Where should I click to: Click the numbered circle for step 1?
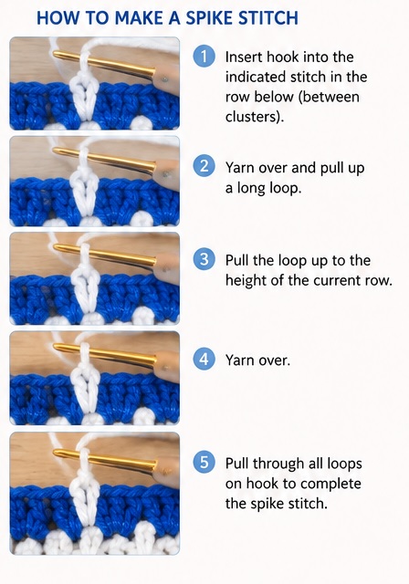[x=204, y=57]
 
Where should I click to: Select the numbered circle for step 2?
[x=204, y=166]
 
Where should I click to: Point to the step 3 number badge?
[x=204, y=259]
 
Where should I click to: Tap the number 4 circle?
[x=204, y=359]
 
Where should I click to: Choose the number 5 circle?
[x=204, y=463]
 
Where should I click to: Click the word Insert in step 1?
[x=244, y=57]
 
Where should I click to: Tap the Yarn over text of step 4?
[x=257, y=360]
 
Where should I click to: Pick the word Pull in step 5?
[x=237, y=464]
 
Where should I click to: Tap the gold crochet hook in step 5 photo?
[x=104, y=459]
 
